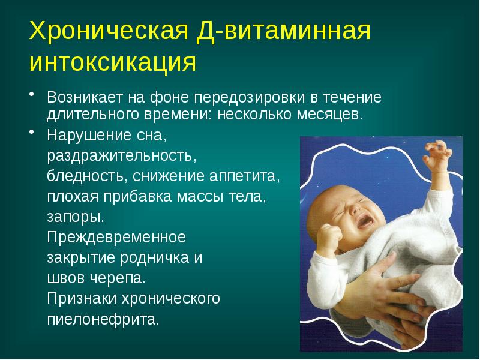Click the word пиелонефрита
coord(103,319)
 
